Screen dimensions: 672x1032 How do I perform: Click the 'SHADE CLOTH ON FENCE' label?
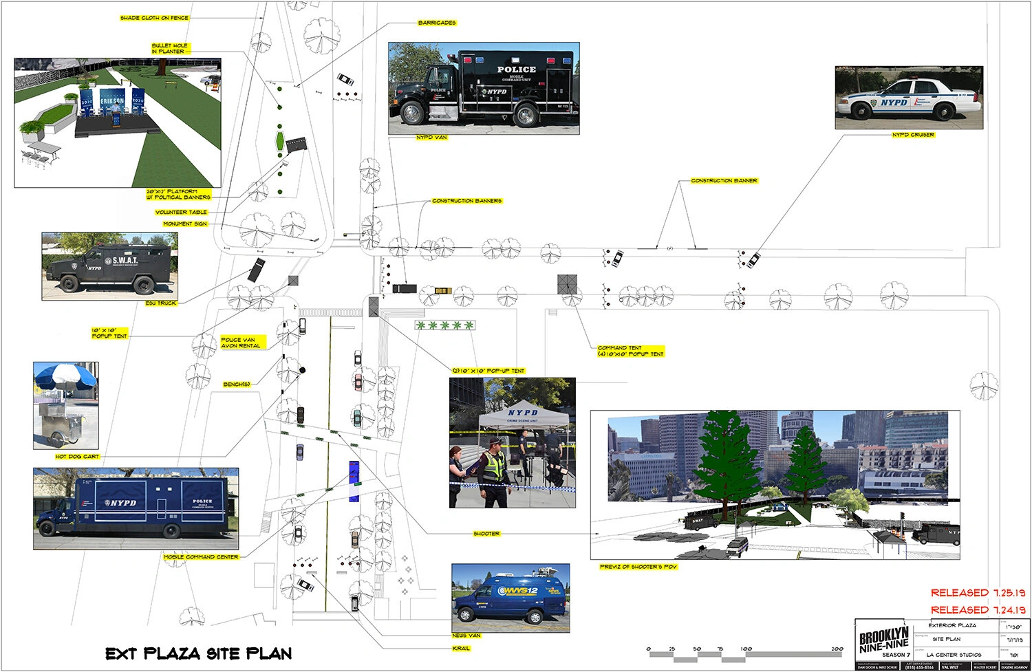click(x=154, y=18)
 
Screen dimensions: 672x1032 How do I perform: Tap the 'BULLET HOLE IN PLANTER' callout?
click(x=170, y=48)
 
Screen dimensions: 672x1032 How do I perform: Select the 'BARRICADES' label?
click(x=437, y=23)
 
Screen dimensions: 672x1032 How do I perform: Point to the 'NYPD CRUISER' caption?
click(x=913, y=135)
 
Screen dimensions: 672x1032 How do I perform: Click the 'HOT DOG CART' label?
click(x=77, y=457)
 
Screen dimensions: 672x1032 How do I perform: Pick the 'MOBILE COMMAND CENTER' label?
click(x=201, y=557)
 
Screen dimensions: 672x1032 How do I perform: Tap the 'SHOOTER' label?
click(x=486, y=534)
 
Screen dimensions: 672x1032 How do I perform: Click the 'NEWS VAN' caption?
click(x=466, y=636)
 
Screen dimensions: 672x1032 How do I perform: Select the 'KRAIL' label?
click(x=461, y=649)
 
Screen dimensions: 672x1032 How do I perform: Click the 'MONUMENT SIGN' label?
click(x=185, y=224)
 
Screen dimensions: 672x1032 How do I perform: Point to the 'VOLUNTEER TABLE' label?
click(x=181, y=213)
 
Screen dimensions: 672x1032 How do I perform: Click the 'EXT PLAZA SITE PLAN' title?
click(x=198, y=653)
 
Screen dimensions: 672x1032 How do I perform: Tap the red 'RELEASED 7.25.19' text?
click(x=978, y=592)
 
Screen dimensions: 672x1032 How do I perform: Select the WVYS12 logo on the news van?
click(x=517, y=591)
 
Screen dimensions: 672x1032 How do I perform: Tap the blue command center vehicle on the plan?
click(x=354, y=473)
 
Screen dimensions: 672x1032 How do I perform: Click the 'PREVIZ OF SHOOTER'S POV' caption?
click(x=638, y=567)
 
